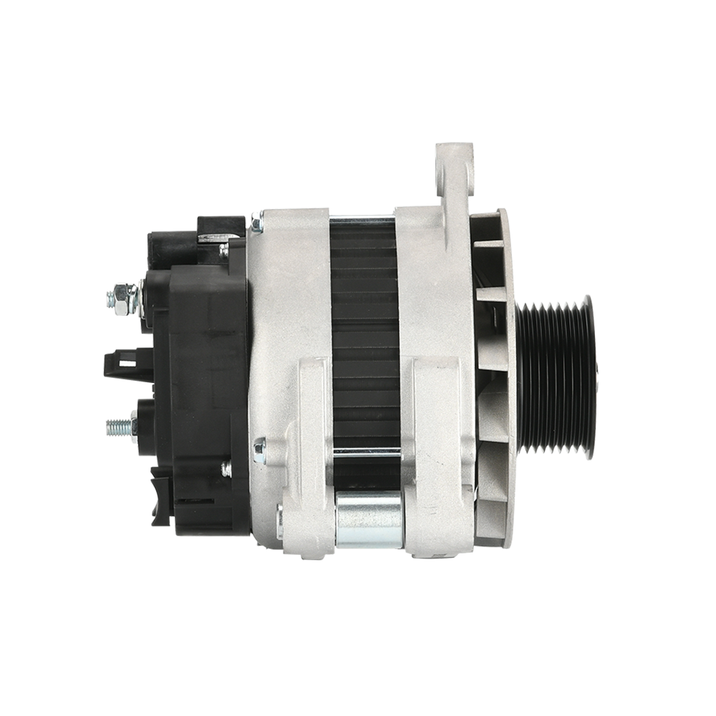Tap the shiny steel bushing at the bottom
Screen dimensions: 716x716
(x=369, y=519)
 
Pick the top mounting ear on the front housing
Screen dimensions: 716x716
(x=455, y=172)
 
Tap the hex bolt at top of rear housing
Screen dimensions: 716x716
(x=255, y=225)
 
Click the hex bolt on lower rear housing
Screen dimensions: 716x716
(x=258, y=450)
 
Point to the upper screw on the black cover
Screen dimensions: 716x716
(x=223, y=250)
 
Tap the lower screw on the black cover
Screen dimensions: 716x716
(x=226, y=469)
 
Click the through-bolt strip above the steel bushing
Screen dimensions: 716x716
(x=367, y=452)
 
